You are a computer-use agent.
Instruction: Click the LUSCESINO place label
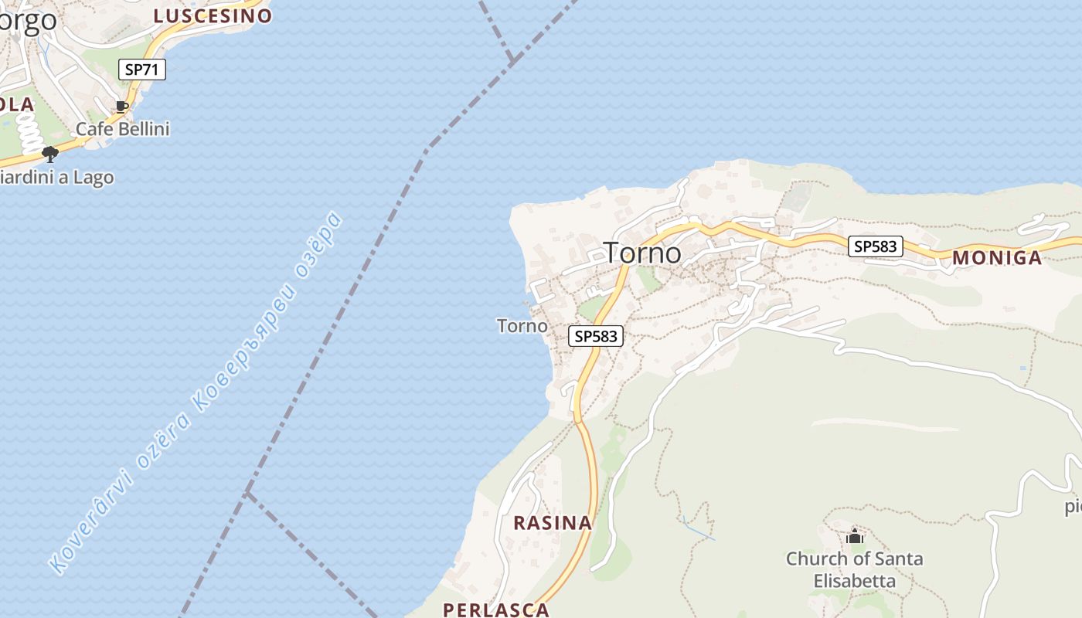[x=213, y=15]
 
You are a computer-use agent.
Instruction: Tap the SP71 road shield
[x=142, y=69]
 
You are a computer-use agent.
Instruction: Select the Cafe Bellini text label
[x=122, y=129]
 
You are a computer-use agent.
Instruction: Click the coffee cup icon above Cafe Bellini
[x=121, y=107]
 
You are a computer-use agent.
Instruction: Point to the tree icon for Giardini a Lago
[x=50, y=154]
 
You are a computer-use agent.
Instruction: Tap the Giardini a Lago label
[x=56, y=178]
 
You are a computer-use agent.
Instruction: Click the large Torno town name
[x=642, y=253]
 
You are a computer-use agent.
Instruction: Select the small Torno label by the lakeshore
[x=522, y=326]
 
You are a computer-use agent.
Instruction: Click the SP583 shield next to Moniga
[x=875, y=246]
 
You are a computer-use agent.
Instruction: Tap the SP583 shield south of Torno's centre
[x=596, y=336]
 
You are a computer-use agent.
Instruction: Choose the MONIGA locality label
[x=996, y=258]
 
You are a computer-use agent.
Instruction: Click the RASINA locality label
[x=553, y=523]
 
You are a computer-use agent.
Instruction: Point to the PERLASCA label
[x=495, y=610]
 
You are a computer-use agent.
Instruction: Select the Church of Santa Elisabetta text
[x=854, y=569]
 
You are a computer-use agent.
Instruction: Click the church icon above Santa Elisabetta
[x=855, y=536]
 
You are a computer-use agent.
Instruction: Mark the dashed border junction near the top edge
[x=512, y=60]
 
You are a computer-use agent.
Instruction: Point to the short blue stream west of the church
[x=699, y=529]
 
